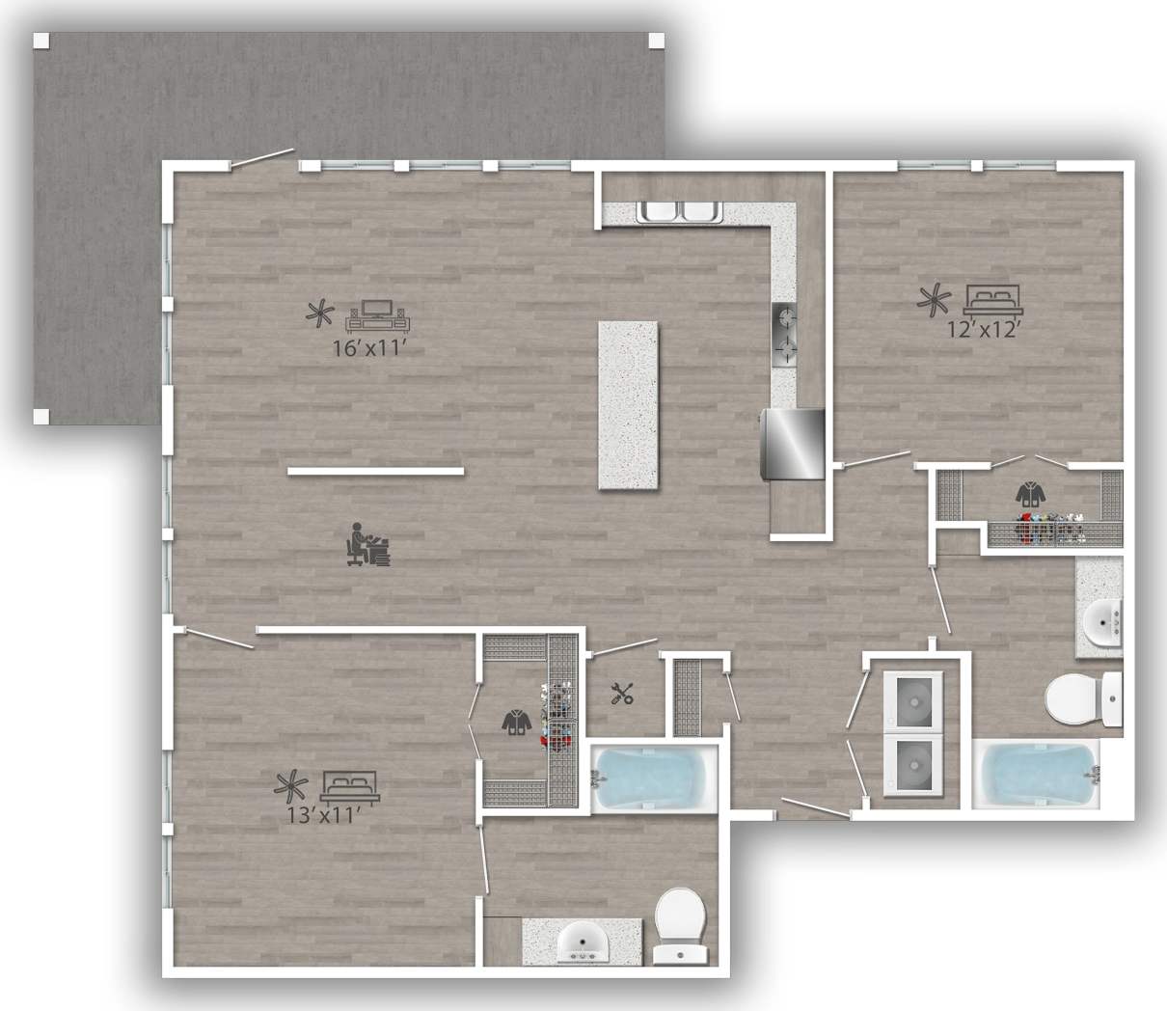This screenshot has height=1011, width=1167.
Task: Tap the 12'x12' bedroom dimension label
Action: (x=983, y=328)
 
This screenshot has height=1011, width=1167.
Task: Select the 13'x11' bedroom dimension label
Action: (x=323, y=815)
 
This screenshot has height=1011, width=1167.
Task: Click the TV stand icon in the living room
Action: (x=381, y=314)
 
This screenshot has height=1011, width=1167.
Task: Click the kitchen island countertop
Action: (x=629, y=405)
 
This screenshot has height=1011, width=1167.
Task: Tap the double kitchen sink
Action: (x=680, y=211)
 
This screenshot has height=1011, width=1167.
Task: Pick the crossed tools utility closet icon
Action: (x=622, y=693)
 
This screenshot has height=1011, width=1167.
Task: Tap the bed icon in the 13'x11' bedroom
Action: (x=351, y=786)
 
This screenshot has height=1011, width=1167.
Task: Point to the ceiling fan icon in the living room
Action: (x=319, y=313)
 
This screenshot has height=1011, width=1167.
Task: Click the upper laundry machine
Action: (x=912, y=698)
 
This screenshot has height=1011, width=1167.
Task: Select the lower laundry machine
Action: (x=912, y=765)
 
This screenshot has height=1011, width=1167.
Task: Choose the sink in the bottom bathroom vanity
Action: (x=583, y=940)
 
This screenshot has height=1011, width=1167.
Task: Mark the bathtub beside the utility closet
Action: (x=653, y=779)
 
